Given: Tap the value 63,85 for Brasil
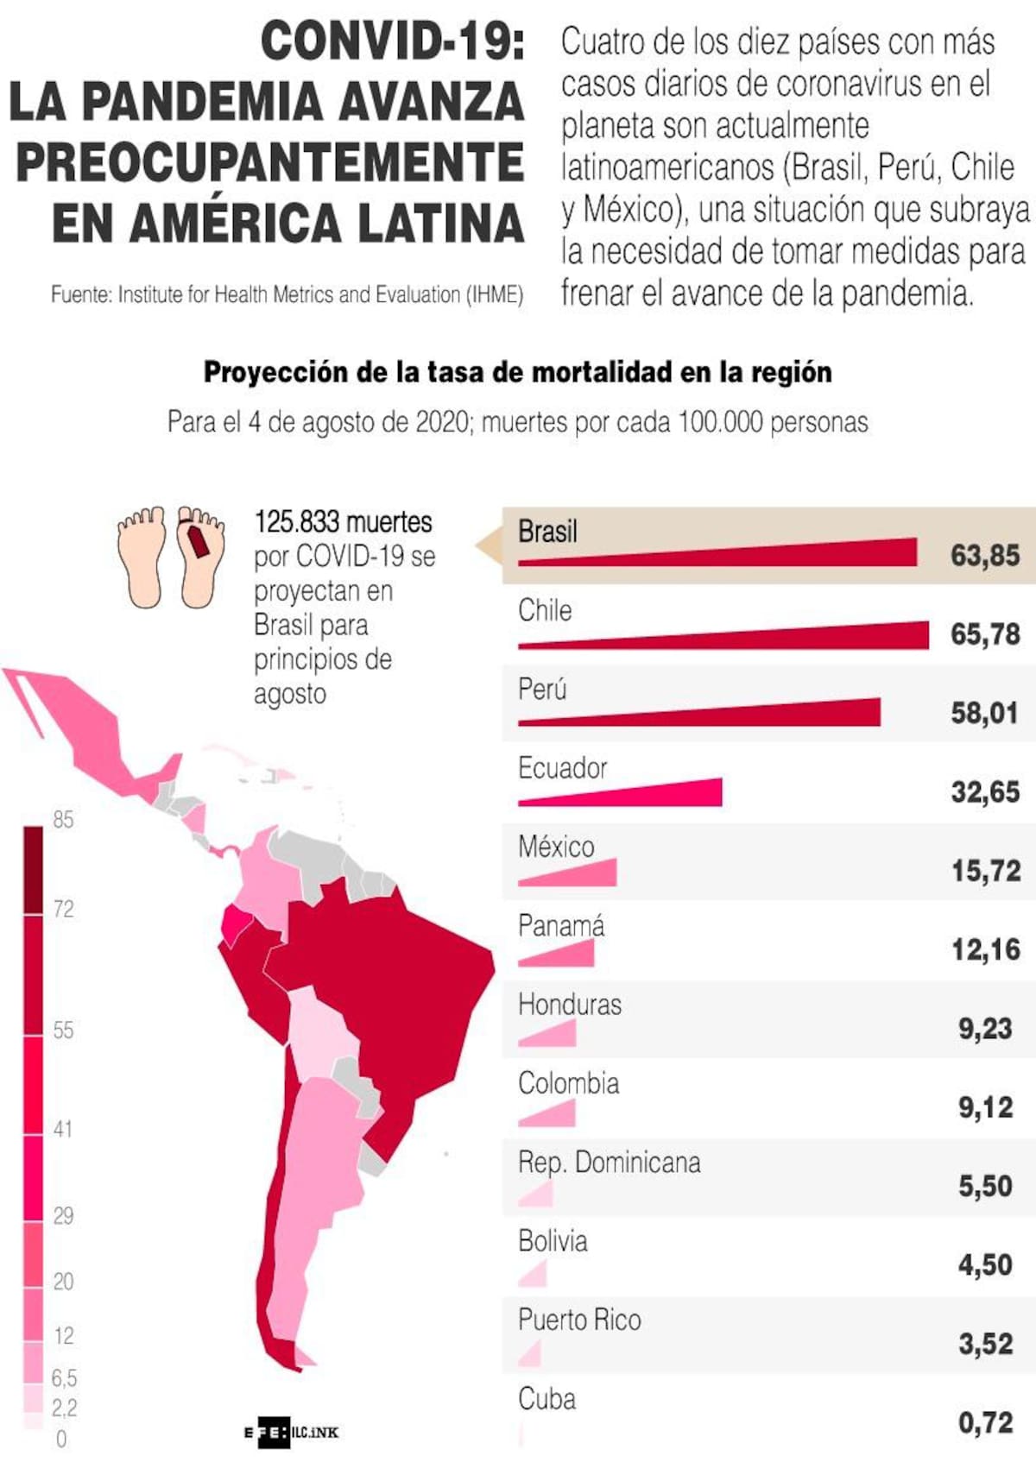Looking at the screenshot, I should [984, 555].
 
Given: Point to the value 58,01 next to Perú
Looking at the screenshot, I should [984, 713].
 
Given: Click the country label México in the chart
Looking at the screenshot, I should [556, 847].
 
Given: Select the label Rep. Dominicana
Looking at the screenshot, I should [609, 1163].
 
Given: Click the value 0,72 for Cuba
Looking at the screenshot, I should [984, 1422].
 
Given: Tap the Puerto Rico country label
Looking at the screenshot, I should [579, 1320].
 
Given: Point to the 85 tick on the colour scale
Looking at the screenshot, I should [62, 820].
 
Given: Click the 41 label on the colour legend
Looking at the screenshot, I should [62, 1129].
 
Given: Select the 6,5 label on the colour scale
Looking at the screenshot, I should [64, 1377].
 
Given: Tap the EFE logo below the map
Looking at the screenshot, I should [268, 1433].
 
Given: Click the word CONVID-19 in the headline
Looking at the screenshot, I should [393, 41].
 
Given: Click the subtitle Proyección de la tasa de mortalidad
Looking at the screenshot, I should [518, 372].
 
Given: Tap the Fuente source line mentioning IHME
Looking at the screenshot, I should [287, 295].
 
